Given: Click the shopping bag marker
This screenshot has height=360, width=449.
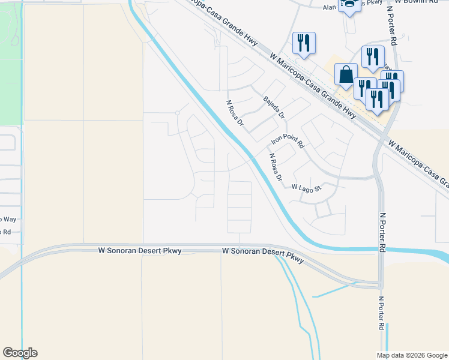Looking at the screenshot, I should (346, 75).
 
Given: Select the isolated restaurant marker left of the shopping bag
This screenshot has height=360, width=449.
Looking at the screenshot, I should (304, 43).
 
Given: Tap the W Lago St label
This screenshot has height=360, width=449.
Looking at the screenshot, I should (307, 187).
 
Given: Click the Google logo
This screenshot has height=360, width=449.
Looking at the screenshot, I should (20, 353).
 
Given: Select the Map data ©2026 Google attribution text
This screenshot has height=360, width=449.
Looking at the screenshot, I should (412, 355).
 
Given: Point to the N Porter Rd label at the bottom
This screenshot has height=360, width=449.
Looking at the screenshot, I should (381, 313).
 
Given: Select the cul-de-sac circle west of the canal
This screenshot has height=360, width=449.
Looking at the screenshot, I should (177, 113).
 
